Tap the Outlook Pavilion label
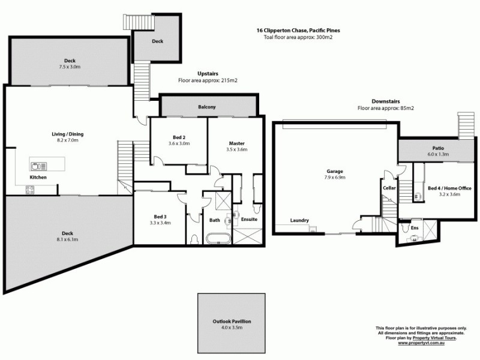coord(231,322)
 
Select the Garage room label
coord(335,171)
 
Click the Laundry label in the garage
coord(299,220)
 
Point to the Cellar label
coord(389,188)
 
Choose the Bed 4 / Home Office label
coord(449,188)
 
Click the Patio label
coord(437,148)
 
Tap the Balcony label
coord(207,107)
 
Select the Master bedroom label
coord(236,143)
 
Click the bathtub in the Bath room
coord(215,239)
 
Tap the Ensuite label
coord(248,219)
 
